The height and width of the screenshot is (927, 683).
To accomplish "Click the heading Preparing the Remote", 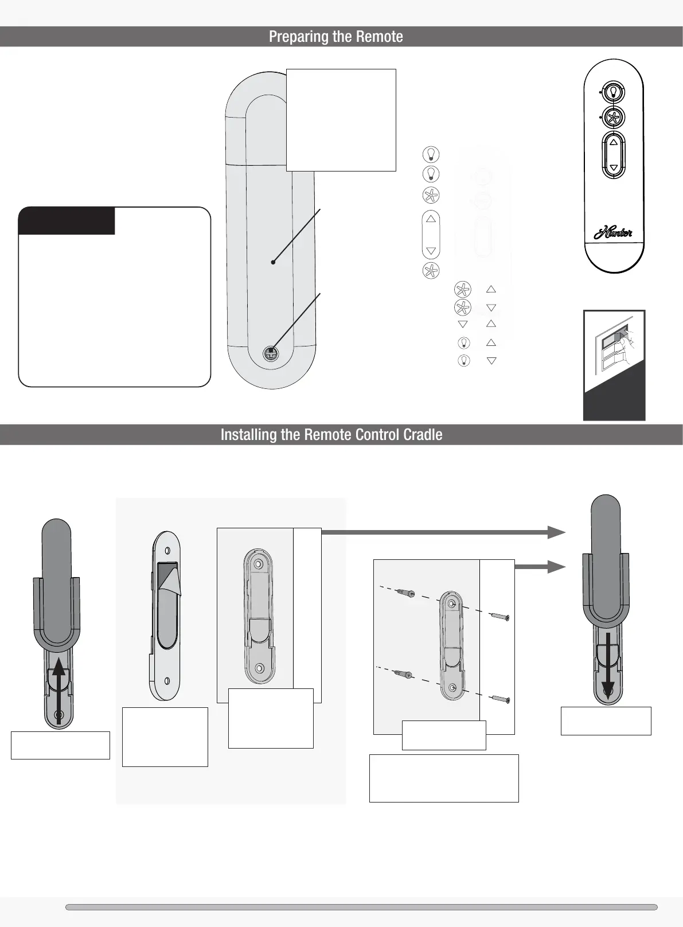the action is [x=335, y=37].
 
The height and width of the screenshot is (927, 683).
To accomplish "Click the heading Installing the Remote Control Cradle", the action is [x=331, y=434].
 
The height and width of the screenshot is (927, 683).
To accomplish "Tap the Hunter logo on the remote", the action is [x=613, y=233].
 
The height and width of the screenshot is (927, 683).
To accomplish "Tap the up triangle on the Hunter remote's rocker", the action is [x=614, y=142].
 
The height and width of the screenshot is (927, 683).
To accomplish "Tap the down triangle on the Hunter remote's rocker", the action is [x=614, y=168].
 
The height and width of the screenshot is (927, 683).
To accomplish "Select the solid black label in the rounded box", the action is [x=67, y=221].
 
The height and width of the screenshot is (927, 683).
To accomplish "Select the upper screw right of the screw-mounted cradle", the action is [x=501, y=617].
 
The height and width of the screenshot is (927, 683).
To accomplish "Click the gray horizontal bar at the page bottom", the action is [x=361, y=907].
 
